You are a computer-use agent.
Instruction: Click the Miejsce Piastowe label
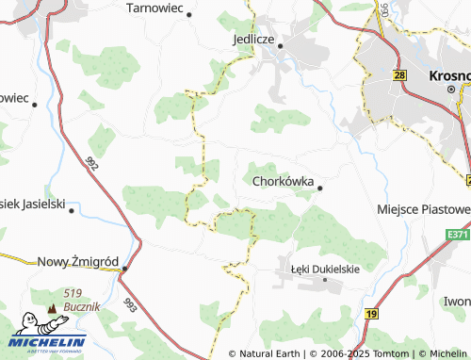point(423,208)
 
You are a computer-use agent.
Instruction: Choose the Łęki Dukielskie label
point(324,270)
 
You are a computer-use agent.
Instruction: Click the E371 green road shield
point(458,234)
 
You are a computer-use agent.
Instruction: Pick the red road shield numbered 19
point(372,313)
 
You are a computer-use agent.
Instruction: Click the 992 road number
point(92,165)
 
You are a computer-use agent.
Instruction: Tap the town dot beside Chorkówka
point(319,188)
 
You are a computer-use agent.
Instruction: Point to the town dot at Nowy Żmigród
point(123,268)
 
